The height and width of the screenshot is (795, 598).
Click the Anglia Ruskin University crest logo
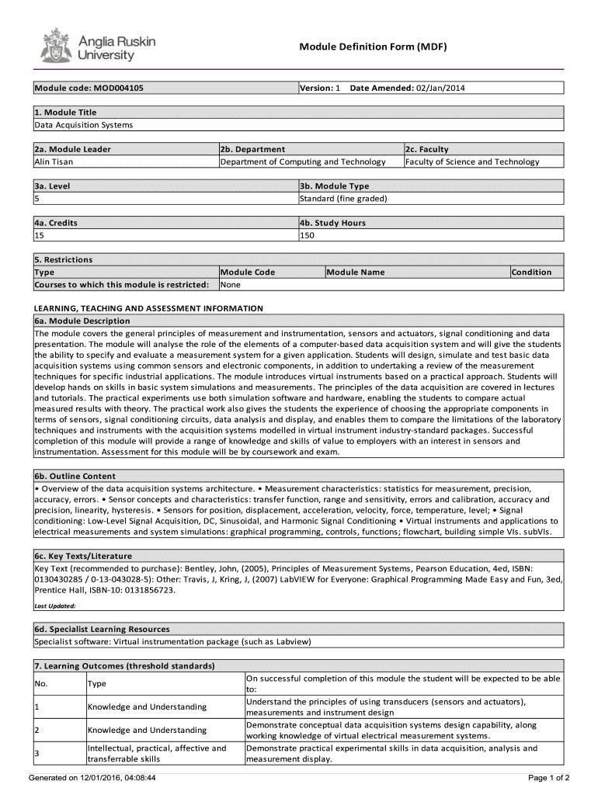(55, 47)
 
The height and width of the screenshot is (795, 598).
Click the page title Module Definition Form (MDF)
(373, 47)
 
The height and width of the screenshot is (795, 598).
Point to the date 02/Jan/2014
(440, 89)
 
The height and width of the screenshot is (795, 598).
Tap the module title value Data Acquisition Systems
(84, 125)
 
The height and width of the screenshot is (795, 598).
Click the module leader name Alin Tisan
(52, 161)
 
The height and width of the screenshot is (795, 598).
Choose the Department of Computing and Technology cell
(303, 161)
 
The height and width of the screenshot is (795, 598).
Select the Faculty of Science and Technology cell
(472, 161)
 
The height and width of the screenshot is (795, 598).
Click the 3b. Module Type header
(335, 186)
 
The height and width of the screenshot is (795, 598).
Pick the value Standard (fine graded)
(343, 199)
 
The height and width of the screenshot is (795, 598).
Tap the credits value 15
(39, 235)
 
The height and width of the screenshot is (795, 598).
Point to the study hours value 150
(308, 235)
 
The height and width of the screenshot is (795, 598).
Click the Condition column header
(532, 273)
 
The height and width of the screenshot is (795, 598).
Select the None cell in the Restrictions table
(231, 285)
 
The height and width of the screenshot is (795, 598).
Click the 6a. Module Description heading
(82, 321)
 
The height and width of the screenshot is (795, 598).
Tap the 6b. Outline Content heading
(75, 476)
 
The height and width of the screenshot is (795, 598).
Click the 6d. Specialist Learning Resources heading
(102, 629)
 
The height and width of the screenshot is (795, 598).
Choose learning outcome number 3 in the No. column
(37, 754)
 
